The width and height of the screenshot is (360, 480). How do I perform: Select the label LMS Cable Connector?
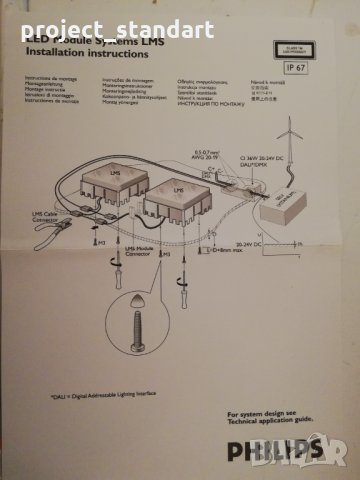click(x=46, y=217)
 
